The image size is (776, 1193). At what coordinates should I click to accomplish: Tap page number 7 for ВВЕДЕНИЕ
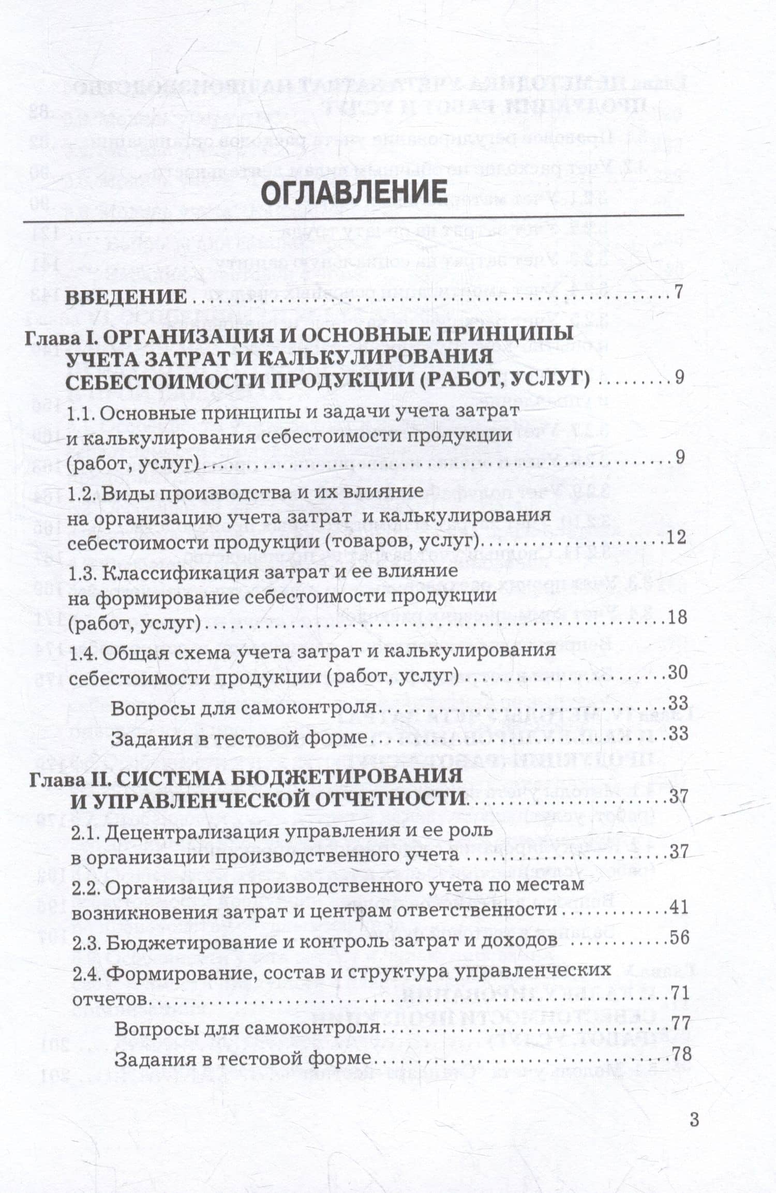680,293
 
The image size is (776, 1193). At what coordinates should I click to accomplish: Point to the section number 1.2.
82,493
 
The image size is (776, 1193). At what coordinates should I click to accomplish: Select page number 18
677,617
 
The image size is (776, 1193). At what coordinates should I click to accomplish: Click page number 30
677,673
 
